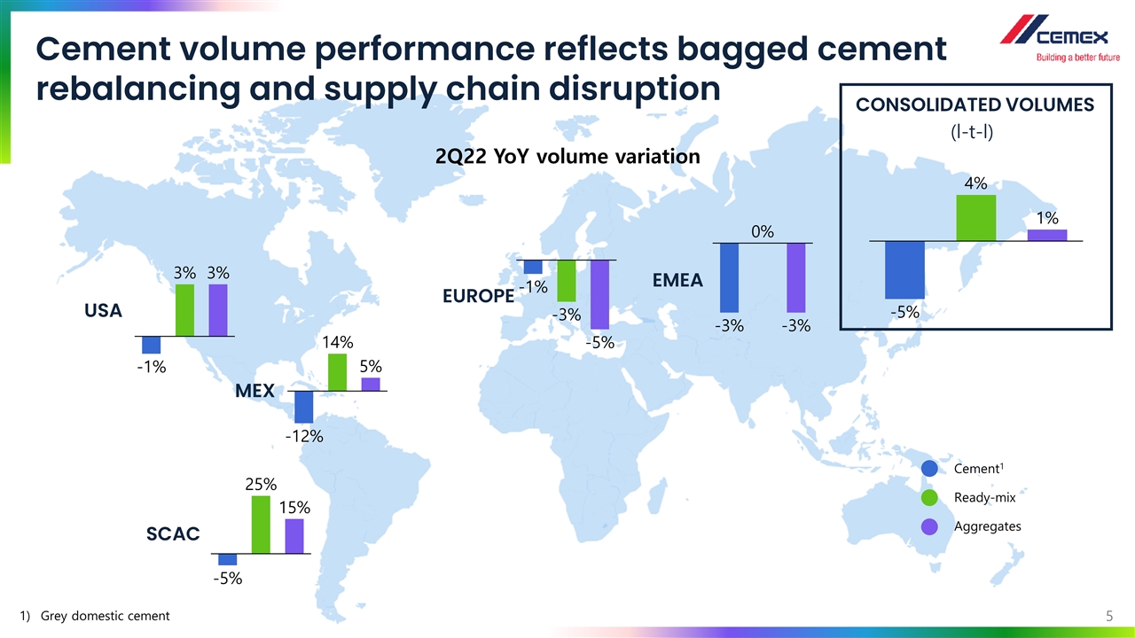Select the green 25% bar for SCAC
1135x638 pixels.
coord(261,525)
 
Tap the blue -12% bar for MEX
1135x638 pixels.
coord(304,407)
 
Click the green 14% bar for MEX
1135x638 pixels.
coord(337,372)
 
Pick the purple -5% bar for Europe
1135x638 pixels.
coord(600,294)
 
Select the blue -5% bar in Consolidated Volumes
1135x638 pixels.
coord(904,269)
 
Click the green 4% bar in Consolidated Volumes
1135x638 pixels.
coord(975,218)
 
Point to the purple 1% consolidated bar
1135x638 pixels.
coord(1046,235)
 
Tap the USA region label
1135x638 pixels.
coord(104,311)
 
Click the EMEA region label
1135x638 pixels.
coord(677,281)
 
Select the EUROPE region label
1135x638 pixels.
coord(478,295)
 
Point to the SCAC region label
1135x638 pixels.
coord(173,533)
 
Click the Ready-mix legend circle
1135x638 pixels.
coord(930,498)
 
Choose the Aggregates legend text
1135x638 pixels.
coord(987,526)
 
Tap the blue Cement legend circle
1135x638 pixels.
coord(930,469)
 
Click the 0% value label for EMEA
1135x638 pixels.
coord(763,232)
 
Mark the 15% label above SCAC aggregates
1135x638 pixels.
coord(294,508)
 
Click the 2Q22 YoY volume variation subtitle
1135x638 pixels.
coord(567,157)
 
